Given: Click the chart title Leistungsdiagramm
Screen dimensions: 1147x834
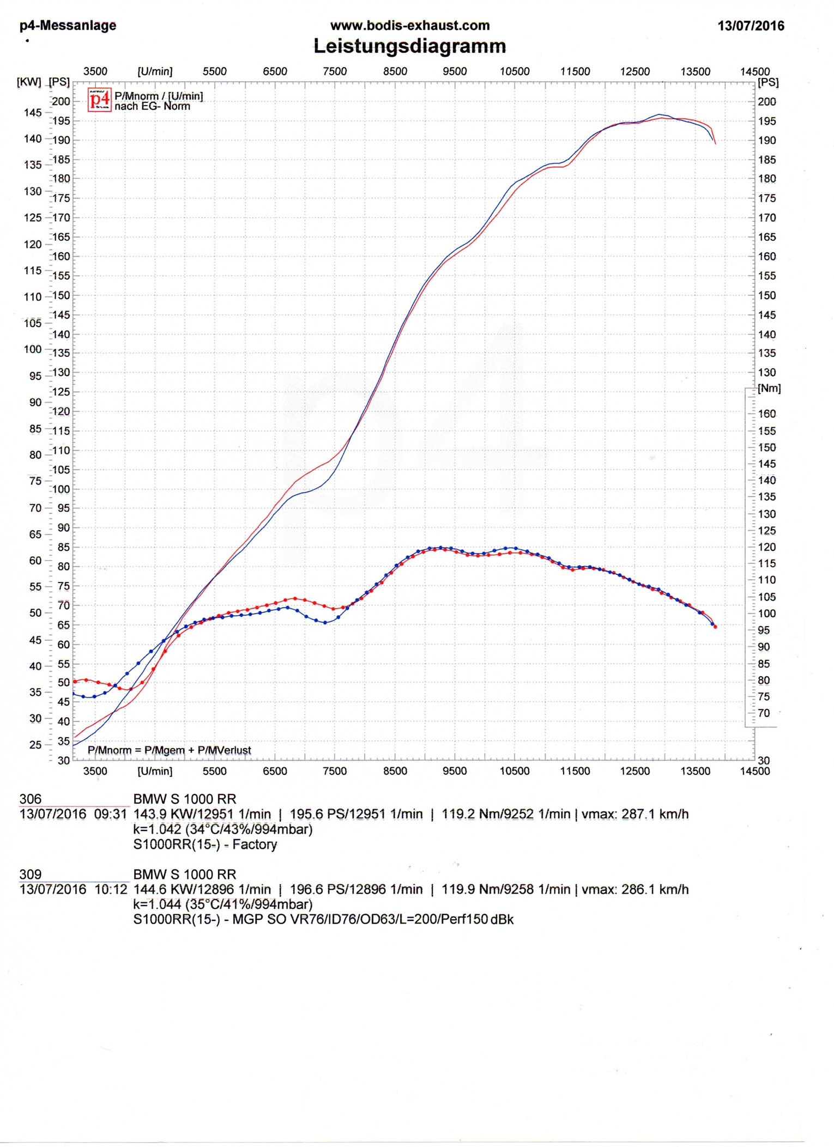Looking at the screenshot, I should (x=409, y=46).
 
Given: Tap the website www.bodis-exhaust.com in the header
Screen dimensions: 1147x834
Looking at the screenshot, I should (x=410, y=26).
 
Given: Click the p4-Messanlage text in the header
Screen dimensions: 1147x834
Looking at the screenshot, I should (x=68, y=26).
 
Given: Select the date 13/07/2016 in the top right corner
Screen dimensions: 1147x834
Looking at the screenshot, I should (x=751, y=26).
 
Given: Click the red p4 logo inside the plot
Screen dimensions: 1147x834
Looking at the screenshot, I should (x=100, y=100).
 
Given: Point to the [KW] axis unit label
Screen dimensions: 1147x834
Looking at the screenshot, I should (x=29, y=82).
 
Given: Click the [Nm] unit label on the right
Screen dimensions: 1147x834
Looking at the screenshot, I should (x=769, y=388).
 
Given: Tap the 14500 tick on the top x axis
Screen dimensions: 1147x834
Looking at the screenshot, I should (x=754, y=71).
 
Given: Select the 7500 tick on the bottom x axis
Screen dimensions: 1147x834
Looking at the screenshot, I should (x=334, y=771).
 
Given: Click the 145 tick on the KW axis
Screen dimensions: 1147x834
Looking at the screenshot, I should (x=33, y=113).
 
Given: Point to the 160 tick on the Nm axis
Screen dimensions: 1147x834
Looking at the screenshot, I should (x=766, y=414).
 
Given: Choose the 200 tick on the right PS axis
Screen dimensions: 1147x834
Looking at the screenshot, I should (x=766, y=101).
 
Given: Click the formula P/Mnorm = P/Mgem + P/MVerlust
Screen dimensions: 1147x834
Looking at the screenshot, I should (x=169, y=750).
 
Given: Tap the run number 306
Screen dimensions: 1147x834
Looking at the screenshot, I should (x=31, y=799).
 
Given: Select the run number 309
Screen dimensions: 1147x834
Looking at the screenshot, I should (x=31, y=874).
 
